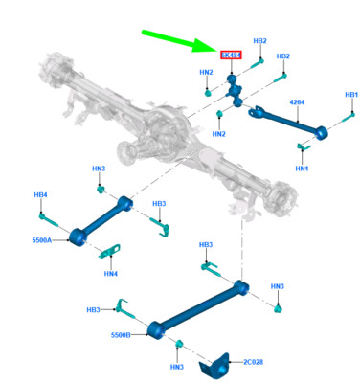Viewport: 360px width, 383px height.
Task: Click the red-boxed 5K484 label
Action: click(x=231, y=56)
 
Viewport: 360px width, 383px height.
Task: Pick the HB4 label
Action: click(x=40, y=195)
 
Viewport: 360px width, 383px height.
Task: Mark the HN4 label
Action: click(x=111, y=274)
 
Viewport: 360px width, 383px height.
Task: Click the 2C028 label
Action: click(x=254, y=361)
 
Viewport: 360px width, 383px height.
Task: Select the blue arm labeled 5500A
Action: click(x=101, y=220)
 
